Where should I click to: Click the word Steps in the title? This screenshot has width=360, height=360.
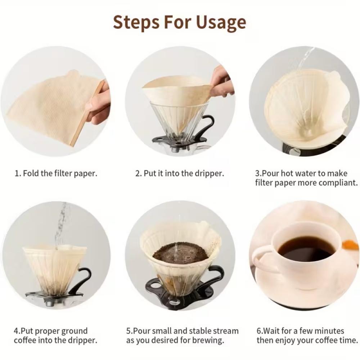pos(136,22)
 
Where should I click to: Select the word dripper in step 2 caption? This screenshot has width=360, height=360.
pos(209,174)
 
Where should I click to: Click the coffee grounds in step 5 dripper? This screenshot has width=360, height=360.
pos(180,252)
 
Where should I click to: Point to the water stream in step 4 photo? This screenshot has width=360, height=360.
pos(60,225)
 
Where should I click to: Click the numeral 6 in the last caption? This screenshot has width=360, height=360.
pos(259,331)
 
